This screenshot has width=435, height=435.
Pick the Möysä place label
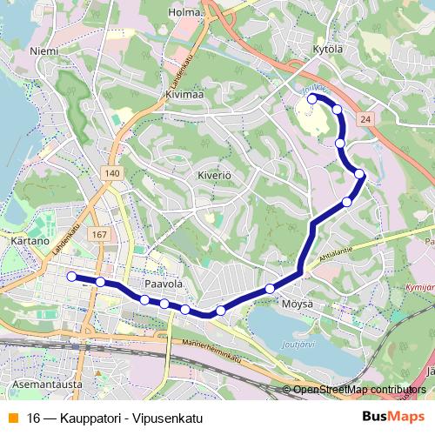pos(297,304)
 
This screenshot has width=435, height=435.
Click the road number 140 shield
pos(110,174)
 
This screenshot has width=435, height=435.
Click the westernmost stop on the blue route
pos(71,277)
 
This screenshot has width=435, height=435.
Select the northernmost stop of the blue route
pos(312,99)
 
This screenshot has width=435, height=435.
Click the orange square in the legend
pos(10,415)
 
